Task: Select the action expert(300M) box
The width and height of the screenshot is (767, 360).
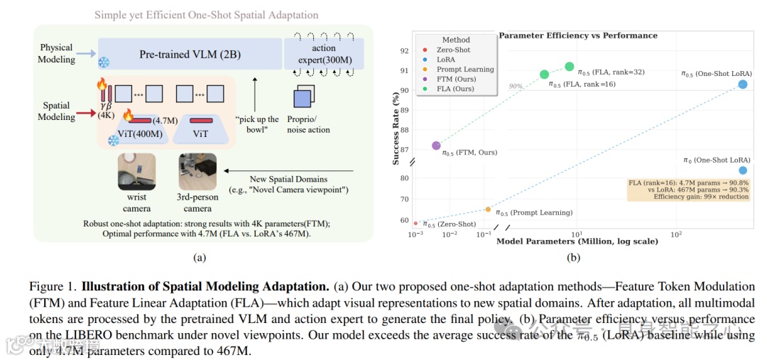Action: point(324,54)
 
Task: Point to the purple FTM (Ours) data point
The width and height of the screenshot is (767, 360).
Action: point(436,146)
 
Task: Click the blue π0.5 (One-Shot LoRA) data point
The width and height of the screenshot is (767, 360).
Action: point(743,84)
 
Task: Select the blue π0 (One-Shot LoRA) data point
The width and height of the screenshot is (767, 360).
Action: point(743,170)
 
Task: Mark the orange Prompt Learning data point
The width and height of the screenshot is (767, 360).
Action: point(488,209)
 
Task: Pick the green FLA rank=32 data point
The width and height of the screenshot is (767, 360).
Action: point(570,67)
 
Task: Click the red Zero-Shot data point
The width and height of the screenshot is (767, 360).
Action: point(416,223)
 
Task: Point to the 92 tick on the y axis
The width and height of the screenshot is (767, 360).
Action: point(404,51)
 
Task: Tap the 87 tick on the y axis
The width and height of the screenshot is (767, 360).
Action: point(404,150)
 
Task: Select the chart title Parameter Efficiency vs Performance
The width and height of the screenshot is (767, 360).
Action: point(578,36)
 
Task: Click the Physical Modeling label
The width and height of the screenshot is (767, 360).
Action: point(57,54)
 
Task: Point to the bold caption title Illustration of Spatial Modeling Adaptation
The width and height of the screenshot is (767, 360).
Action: point(205,287)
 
